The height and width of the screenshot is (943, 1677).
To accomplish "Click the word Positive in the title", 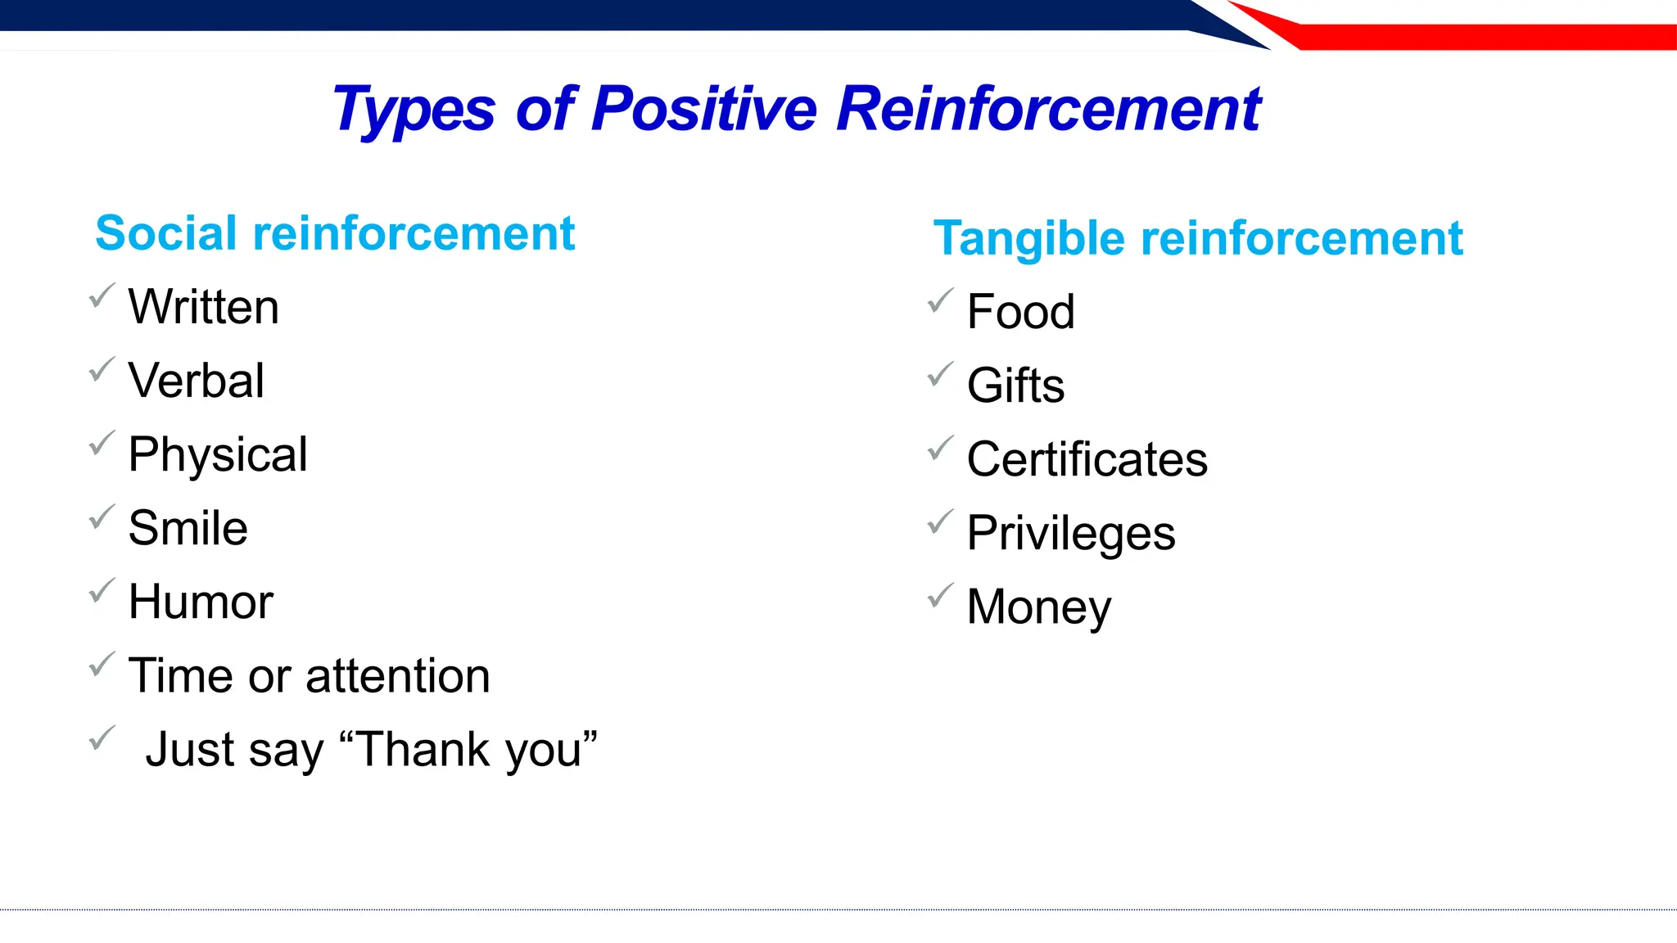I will (x=703, y=109).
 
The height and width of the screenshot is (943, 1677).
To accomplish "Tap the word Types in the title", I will (x=414, y=111).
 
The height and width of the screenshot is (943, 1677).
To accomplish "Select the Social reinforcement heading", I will (x=335, y=233).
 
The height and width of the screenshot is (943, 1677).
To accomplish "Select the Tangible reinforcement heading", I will (x=1197, y=238).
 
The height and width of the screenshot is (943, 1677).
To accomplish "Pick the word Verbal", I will (x=197, y=381).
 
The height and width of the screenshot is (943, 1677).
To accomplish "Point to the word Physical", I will (x=218, y=455).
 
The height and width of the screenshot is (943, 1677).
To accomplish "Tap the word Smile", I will (x=188, y=528).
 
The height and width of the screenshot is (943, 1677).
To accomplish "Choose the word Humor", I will (x=201, y=602).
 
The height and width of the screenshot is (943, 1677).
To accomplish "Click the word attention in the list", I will (x=398, y=676).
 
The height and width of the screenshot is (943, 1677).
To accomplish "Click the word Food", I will (x=1020, y=312).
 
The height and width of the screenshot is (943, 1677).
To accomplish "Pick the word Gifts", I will (x=1015, y=386).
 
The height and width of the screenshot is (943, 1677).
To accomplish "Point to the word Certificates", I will (x=1087, y=459).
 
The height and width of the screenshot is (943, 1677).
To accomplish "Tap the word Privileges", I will (x=1070, y=534).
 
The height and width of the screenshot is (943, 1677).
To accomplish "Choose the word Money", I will (x=1038, y=607).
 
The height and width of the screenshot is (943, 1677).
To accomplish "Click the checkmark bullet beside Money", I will (x=941, y=595).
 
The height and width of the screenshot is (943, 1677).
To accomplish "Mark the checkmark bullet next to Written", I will (x=102, y=296).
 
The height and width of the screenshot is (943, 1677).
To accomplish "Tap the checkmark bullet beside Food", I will (x=941, y=300).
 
